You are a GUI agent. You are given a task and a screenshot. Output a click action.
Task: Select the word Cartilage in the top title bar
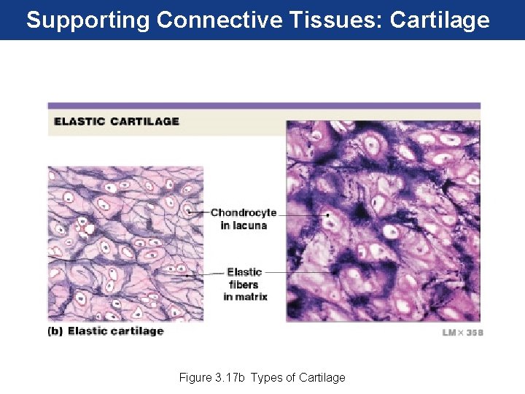click(x=440, y=20)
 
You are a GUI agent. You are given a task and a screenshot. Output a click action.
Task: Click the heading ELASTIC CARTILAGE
click(x=116, y=121)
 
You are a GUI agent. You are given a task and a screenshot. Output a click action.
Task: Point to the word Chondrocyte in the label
click(x=244, y=213)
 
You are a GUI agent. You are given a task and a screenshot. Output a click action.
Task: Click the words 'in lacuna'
click(x=244, y=225)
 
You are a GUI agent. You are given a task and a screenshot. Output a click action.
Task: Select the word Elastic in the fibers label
click(x=244, y=272)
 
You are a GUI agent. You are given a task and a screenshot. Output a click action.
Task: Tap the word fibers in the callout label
click(x=244, y=285)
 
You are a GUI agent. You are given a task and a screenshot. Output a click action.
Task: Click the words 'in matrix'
click(x=245, y=296)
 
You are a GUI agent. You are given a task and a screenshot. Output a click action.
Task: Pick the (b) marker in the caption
click(x=55, y=331)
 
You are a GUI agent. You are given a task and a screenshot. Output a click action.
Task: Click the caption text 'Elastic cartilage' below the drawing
click(x=115, y=331)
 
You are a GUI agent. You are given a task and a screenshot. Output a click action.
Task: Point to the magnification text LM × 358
click(x=462, y=333)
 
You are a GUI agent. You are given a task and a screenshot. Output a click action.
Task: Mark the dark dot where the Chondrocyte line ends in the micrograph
click(x=327, y=215)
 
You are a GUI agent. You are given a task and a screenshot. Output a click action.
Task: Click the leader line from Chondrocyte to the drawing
click(x=199, y=212)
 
